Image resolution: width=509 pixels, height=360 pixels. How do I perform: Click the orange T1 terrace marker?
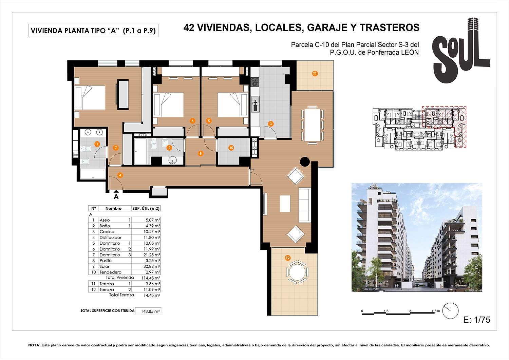[315, 74]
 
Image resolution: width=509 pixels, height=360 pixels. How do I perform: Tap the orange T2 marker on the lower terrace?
[288, 258]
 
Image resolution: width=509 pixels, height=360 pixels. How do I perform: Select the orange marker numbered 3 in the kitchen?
[271, 124]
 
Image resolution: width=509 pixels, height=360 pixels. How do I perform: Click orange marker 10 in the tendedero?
[231, 148]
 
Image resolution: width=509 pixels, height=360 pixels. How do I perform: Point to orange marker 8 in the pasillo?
[201, 153]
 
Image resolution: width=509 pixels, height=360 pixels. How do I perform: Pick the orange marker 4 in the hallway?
[120, 175]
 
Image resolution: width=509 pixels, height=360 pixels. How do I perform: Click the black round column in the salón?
[305, 162]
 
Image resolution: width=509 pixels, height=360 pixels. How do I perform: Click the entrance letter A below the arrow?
[116, 196]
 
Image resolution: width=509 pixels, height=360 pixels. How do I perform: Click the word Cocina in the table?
[107, 232]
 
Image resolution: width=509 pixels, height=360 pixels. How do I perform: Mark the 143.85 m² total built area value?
[148, 311]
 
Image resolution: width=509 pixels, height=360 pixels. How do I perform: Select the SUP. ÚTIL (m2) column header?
[146, 208]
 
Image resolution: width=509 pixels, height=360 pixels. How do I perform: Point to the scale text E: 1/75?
[476, 320]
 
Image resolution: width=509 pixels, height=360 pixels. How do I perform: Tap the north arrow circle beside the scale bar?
[450, 310]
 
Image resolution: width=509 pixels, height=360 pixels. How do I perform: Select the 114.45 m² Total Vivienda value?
[150, 278]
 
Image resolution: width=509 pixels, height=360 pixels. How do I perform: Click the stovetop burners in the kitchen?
[255, 82]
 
